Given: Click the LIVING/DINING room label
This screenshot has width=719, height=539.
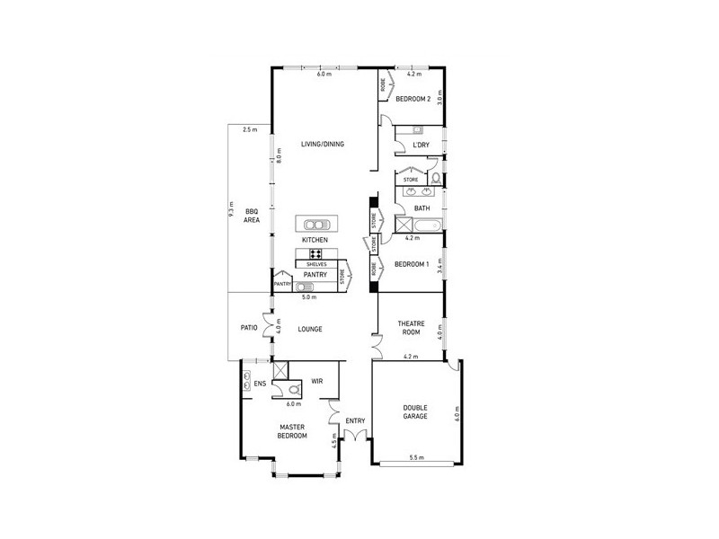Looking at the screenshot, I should click(x=322, y=144).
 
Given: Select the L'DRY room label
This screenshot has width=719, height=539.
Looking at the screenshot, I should click(x=421, y=145).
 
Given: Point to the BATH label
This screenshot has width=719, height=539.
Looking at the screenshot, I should click(x=422, y=208).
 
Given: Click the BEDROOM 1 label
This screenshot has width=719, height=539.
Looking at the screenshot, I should click(x=413, y=264).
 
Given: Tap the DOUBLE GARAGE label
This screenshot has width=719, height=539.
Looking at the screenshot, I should click(x=415, y=412).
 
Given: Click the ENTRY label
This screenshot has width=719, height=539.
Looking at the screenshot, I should click(x=355, y=420).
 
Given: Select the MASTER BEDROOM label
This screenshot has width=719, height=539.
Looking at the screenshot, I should click(x=293, y=431).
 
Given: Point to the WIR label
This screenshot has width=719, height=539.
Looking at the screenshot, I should click(x=316, y=381).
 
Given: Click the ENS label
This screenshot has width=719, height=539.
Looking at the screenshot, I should click(x=259, y=384).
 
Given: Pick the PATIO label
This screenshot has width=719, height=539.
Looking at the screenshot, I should click(x=249, y=328).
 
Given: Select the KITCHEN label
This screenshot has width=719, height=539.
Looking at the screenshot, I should click(x=315, y=241).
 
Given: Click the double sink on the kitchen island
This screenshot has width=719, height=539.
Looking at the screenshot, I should click(x=315, y=225).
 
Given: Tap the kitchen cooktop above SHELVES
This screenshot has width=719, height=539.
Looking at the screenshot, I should click(x=315, y=253).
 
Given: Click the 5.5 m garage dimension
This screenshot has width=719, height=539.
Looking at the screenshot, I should click(x=416, y=458).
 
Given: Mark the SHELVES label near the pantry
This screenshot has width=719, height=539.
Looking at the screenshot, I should click(x=315, y=264).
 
